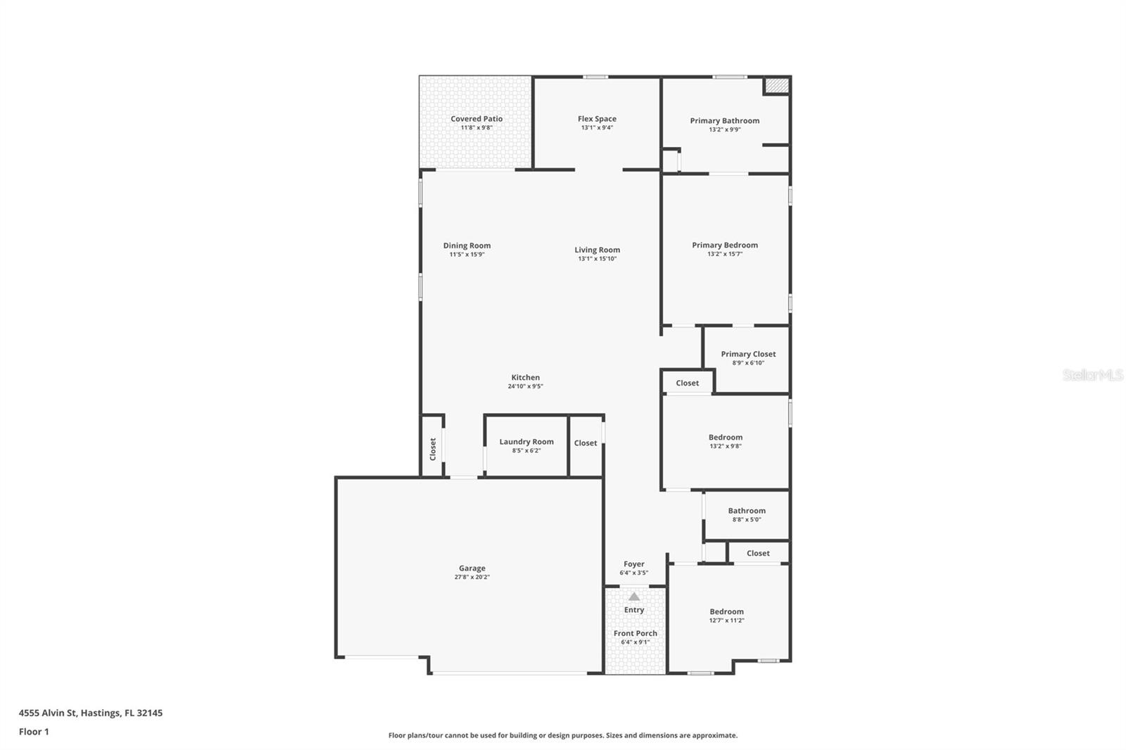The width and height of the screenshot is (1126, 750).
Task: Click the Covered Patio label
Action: pyautogui.click(x=476, y=119)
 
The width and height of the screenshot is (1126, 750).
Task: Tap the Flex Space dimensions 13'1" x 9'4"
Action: pyautogui.click(x=597, y=128)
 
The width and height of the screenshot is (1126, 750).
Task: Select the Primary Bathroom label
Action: pyautogui.click(x=724, y=121)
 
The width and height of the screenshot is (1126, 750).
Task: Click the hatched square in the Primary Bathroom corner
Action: pyautogui.click(x=777, y=85)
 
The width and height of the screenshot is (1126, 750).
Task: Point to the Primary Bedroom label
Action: pyautogui.click(x=724, y=246)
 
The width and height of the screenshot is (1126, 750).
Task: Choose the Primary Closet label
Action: pyautogui.click(x=748, y=355)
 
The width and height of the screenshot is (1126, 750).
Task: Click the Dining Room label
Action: pyautogui.click(x=467, y=246)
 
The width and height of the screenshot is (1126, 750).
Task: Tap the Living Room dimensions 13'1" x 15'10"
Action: pyautogui.click(x=597, y=259)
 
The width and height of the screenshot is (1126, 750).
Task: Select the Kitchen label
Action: pyautogui.click(x=525, y=378)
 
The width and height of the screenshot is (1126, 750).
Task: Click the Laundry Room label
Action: pyautogui.click(x=526, y=442)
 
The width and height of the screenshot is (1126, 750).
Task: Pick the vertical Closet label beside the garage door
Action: pyautogui.click(x=433, y=449)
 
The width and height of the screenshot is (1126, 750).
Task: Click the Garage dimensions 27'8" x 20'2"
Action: pyautogui.click(x=472, y=577)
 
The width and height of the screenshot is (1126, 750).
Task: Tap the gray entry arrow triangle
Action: pyautogui.click(x=634, y=597)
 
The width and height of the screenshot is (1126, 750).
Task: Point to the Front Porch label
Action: pyautogui.click(x=635, y=633)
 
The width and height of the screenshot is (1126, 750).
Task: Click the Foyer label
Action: pyautogui.click(x=633, y=564)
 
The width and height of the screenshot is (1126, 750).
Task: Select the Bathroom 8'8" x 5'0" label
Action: pyautogui.click(x=747, y=511)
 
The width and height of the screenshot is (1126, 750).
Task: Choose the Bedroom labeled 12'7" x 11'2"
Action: pyautogui.click(x=726, y=612)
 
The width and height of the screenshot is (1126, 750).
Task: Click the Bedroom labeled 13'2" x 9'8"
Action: pyautogui.click(x=725, y=438)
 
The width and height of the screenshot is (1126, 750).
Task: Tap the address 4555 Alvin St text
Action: pyautogui.click(x=90, y=713)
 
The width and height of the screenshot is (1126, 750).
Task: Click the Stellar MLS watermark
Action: pyautogui.click(x=1092, y=376)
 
